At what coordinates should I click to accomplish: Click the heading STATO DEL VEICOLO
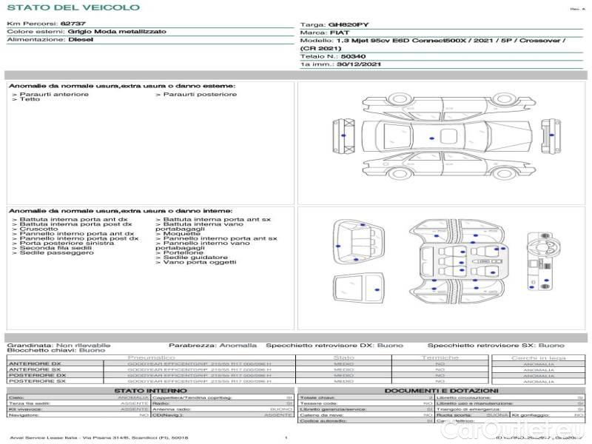pyautogui.click(x=73, y=7)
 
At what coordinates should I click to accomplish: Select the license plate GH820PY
pyautogui.click(x=348, y=24)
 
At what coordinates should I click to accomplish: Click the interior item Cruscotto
pyautogui.click(x=33, y=229)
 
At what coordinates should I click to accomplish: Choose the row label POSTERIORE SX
pyautogui.click(x=36, y=381)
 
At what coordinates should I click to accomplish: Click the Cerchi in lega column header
pyautogui.click(x=538, y=357)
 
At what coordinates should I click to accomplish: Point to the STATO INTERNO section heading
pyautogui.click(x=150, y=390)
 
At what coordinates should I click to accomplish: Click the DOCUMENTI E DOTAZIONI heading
pyautogui.click(x=441, y=390)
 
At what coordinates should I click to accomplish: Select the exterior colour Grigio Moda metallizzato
pyautogui.click(x=117, y=32)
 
